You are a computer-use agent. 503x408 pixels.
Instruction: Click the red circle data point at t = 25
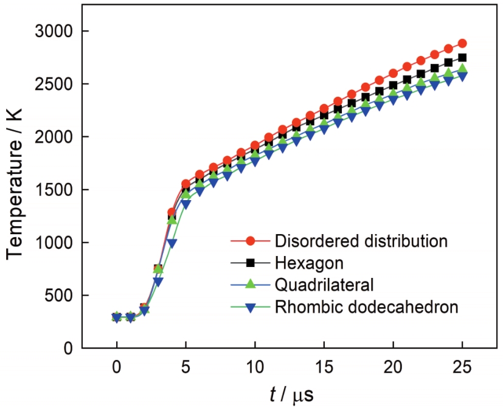(462, 43)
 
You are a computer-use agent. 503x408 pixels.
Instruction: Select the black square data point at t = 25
(462, 58)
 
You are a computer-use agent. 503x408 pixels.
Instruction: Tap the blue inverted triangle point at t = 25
(462, 77)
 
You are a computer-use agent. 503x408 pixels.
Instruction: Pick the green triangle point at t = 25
(462, 69)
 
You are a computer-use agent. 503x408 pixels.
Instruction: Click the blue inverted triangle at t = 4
(172, 243)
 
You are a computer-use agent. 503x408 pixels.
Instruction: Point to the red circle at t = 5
(186, 184)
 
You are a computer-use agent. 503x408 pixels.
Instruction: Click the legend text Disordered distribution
(361, 240)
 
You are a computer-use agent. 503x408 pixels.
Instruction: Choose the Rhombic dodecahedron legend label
(366, 307)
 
